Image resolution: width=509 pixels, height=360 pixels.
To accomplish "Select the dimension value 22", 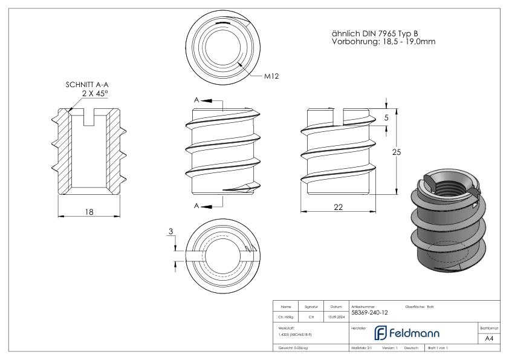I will pos(338,207).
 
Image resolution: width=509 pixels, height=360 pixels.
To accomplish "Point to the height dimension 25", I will pos(397,152).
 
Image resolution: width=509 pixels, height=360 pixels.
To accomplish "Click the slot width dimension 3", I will pos(171,232).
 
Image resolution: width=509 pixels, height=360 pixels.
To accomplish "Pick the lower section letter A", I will pos(195,206).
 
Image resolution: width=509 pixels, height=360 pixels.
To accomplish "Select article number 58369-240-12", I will pos(369,313).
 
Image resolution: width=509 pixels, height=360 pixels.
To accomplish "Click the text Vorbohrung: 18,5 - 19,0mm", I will pos(383,42).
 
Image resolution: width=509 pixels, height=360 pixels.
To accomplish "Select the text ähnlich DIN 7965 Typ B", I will pos(375,33).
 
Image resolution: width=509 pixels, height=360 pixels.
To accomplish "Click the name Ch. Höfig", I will pos(287,315).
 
